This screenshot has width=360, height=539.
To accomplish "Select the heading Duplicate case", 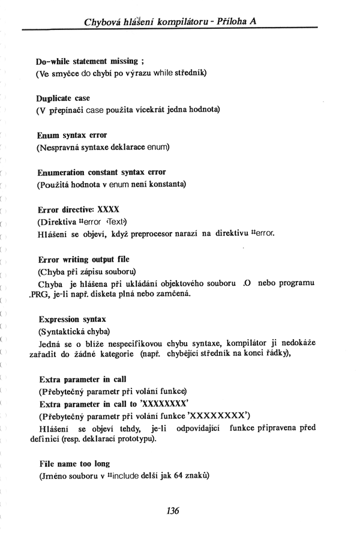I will (x=62, y=98).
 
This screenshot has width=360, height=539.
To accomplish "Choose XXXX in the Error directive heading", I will (x=108, y=209).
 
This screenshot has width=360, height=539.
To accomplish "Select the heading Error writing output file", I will (x=83, y=259).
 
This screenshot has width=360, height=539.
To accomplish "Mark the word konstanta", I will (x=165, y=184).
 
